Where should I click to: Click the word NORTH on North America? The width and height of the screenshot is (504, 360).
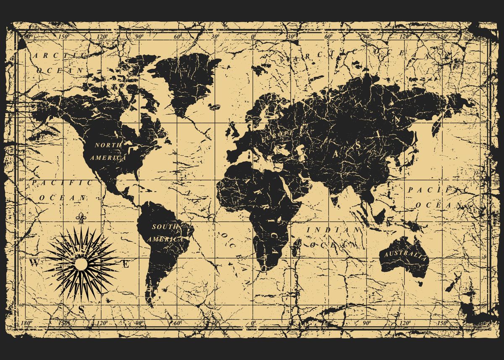[x=108, y=145]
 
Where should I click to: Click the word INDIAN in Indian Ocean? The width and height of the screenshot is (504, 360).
[x=334, y=230]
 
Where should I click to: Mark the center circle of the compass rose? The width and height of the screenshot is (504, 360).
[x=81, y=264]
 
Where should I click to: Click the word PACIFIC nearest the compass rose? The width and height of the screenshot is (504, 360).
[x=62, y=183]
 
